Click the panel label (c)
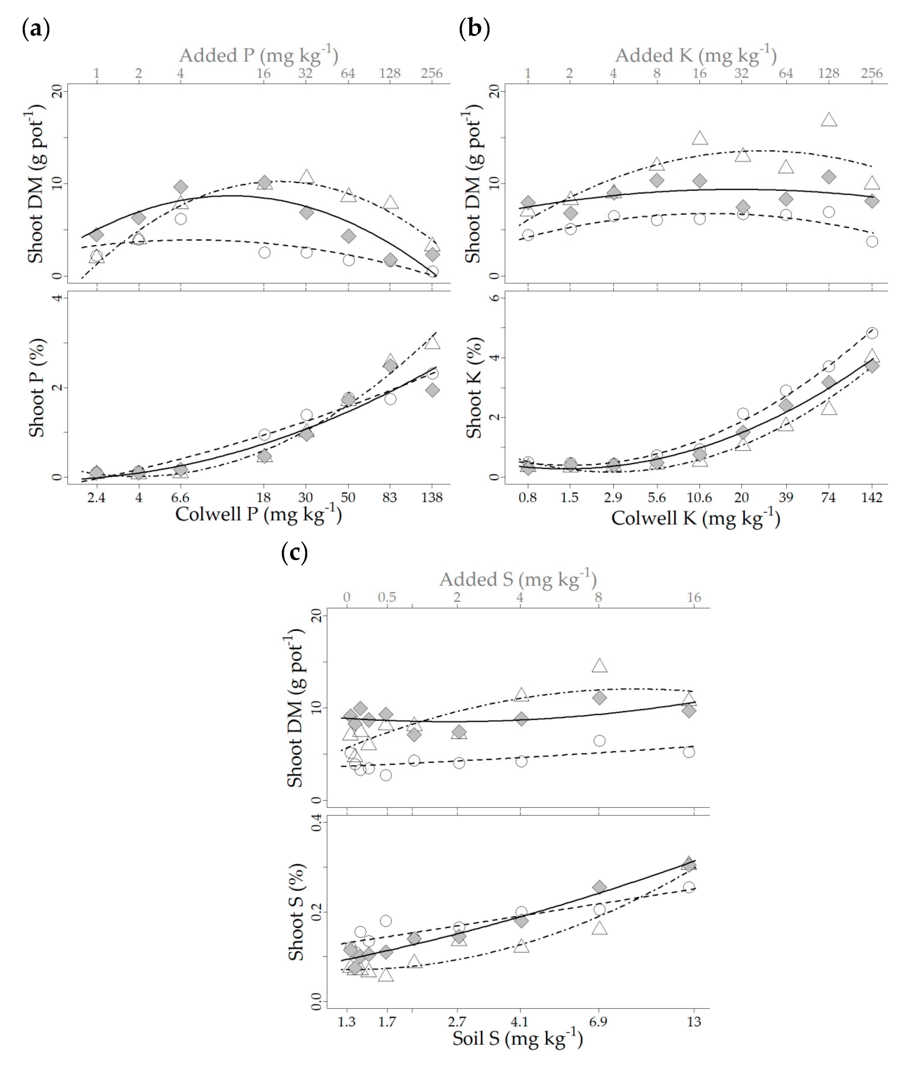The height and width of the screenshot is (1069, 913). [295, 553]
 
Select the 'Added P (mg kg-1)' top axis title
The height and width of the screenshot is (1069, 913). [258, 55]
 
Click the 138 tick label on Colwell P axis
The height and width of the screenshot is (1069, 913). [432, 497]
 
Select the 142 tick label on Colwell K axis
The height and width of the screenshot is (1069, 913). [872, 497]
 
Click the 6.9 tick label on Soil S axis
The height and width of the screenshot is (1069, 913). [598, 1021]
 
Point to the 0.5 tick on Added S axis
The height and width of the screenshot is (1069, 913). [387, 597]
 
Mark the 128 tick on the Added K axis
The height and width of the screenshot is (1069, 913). [828, 73]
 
